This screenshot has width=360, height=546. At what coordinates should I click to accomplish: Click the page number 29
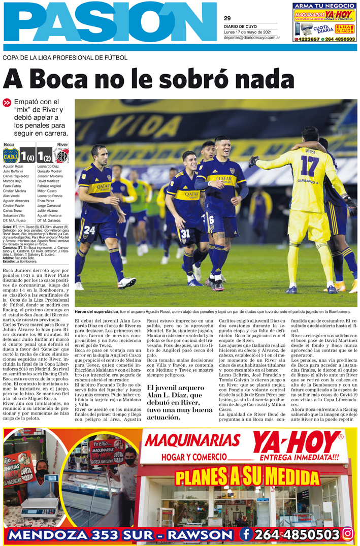coord(227,18)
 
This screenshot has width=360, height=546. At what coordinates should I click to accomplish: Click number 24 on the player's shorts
coord(89,230)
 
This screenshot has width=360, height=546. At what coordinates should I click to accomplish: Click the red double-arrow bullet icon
coord(7,103)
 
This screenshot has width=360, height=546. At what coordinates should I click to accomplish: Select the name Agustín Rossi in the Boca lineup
coord(13,166)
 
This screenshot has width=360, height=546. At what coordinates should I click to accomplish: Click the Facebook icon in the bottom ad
coord(246,534)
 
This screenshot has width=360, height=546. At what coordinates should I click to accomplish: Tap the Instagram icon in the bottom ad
coord(348,534)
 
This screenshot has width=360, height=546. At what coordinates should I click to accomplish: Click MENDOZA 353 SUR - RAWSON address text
coord(120,535)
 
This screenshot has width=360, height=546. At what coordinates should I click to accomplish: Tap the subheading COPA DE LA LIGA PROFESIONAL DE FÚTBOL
coord(65,58)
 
